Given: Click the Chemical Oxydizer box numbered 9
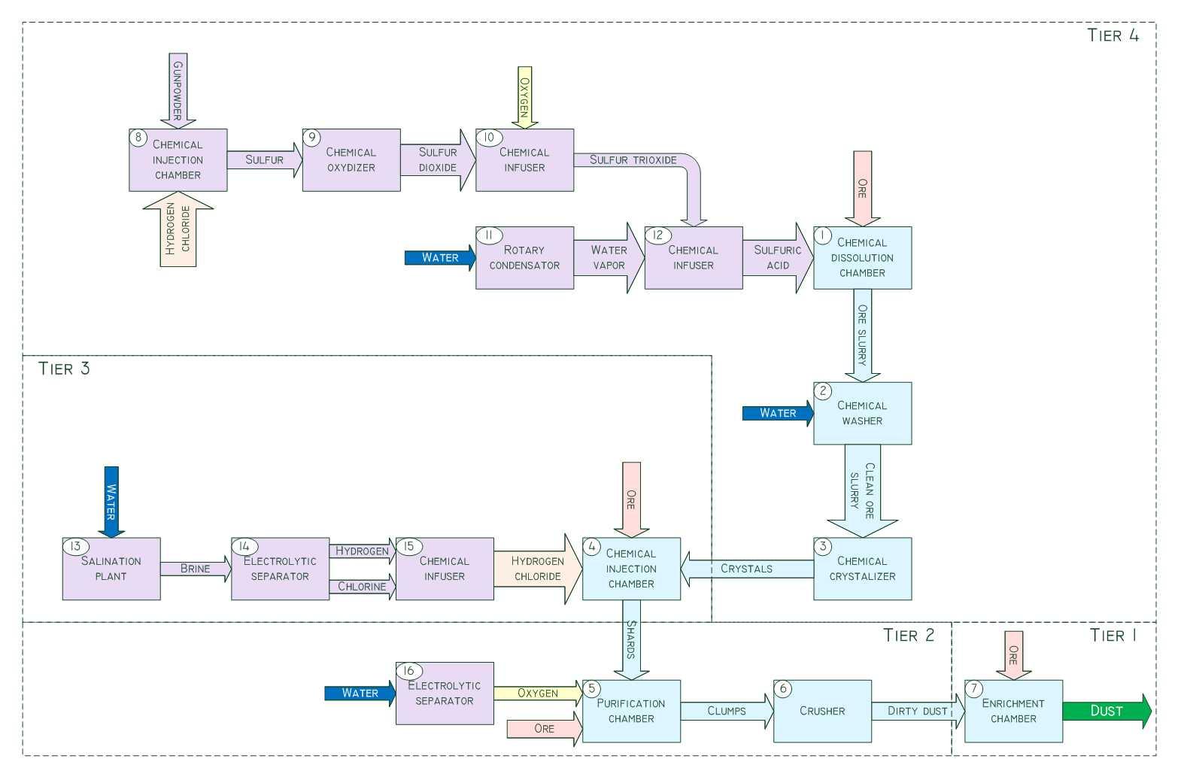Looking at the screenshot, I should pos(351,159).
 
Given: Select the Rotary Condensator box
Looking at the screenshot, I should pos(524,258).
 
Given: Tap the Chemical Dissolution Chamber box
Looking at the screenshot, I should pos(862,258).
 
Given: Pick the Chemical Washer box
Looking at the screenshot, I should pos(862,413).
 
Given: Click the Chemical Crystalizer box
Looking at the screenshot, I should pos(862,569).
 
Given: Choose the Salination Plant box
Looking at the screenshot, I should pos(111,569).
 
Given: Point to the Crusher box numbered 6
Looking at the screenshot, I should pos(822,711).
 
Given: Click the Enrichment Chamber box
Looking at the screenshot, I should pos(1013,711).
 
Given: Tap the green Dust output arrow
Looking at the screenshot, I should pos(1106,711).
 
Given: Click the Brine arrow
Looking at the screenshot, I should pos(196,569).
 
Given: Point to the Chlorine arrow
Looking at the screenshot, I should pos(362,587).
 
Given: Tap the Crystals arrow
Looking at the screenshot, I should pos(746,569).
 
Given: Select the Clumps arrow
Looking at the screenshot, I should pos(727,711).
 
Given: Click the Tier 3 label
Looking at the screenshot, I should pos(64,369).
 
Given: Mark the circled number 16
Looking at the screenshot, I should pos(409,671).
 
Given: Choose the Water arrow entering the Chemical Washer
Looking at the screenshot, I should pos(777,413).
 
